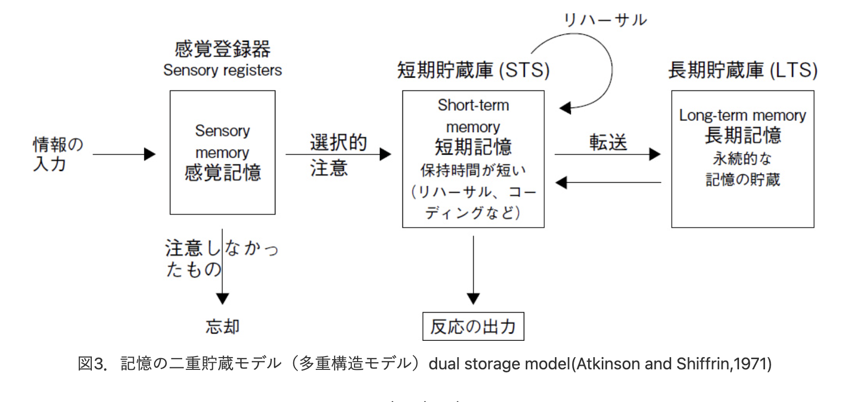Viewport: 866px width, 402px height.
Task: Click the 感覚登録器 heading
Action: click(x=222, y=49)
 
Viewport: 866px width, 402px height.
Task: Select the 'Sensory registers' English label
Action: click(x=222, y=70)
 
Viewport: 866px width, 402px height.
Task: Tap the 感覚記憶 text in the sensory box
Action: click(x=223, y=172)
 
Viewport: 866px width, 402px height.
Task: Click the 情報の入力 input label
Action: click(x=58, y=154)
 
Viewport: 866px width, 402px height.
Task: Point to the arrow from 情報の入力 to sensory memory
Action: click(x=124, y=154)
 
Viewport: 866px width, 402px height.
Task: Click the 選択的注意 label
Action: click(x=338, y=155)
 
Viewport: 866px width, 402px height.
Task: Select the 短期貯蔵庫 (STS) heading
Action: click(x=473, y=70)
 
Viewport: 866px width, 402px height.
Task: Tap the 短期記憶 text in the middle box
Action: click(x=473, y=146)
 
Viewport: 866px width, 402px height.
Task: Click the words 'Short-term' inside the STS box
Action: click(x=473, y=105)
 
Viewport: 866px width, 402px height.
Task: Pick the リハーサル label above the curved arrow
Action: click(x=605, y=20)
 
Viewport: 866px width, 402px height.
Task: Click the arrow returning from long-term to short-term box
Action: click(x=608, y=183)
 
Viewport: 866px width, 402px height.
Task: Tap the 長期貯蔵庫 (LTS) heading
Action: click(x=743, y=70)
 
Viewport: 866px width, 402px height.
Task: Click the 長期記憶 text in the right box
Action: click(x=743, y=135)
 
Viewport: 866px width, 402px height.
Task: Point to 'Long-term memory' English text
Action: click(x=743, y=115)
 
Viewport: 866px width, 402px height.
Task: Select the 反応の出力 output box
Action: click(x=473, y=326)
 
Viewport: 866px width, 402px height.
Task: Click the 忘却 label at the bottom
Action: click(x=223, y=326)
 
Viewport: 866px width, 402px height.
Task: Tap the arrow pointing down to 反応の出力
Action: click(x=473, y=270)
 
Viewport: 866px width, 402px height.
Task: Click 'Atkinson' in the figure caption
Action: click(x=603, y=364)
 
